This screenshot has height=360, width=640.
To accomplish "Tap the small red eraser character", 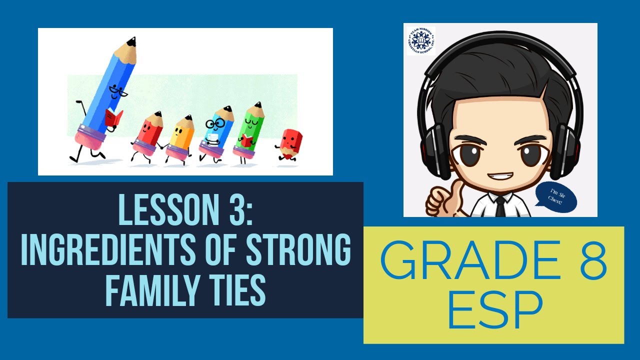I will pos(288,142).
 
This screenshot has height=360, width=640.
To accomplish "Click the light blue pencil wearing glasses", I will pos(216,131).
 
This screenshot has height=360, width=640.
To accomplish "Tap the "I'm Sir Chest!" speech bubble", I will pos(556,195).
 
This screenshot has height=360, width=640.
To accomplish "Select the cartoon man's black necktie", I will pos(500,206).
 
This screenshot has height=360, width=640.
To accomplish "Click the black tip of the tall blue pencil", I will pos(131,41).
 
